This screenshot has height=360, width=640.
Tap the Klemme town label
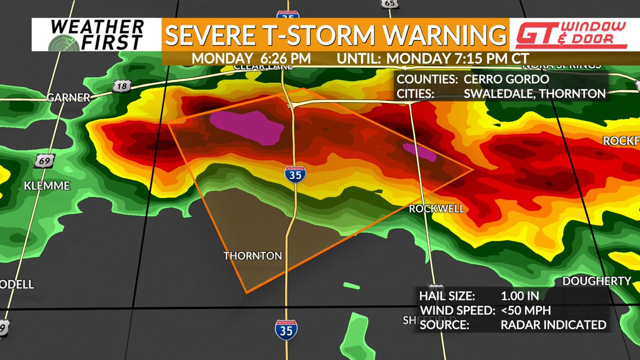[47, 186]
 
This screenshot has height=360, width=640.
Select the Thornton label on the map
[252, 256]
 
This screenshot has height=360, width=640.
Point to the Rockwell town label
[437, 209]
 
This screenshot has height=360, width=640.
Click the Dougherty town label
[597, 281]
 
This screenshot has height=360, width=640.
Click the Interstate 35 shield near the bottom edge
[286, 330]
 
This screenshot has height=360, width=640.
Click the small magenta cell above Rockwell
[420, 151]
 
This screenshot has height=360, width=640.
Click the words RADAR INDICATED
[553, 324]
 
